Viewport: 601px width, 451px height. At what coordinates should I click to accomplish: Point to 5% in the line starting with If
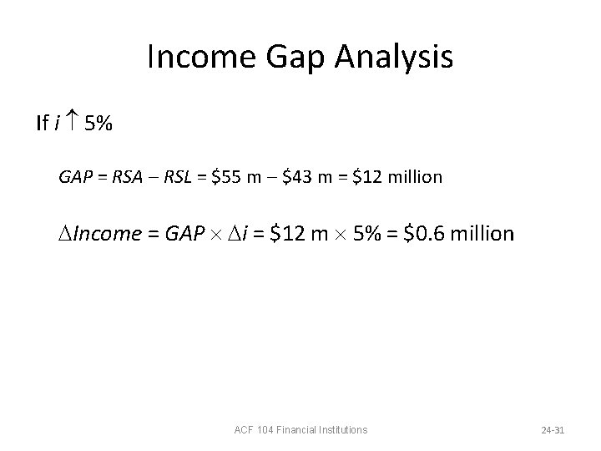click(x=98, y=124)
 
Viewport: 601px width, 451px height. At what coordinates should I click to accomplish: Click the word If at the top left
click(x=42, y=124)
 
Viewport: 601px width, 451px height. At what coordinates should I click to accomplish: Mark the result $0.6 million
click(x=458, y=234)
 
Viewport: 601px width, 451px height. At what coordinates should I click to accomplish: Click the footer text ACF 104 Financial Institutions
click(x=300, y=430)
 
